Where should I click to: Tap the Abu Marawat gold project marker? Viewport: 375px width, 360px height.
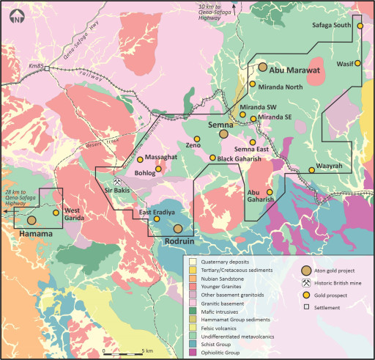tap(262, 67)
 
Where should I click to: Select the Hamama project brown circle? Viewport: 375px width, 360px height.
tap(31, 219)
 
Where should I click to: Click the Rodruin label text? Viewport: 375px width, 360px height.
tap(178, 240)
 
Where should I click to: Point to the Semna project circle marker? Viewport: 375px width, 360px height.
tap(224, 133)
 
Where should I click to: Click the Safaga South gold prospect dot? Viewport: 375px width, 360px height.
tap(360, 26)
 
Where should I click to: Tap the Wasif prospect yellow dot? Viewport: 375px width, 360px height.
tap(358, 64)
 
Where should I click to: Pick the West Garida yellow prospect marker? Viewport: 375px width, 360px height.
tap(56, 213)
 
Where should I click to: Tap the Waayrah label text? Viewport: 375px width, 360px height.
tap(330, 166)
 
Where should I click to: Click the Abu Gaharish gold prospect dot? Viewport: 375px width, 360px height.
tap(270, 192)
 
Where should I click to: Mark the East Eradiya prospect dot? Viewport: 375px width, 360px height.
tap(157, 219)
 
